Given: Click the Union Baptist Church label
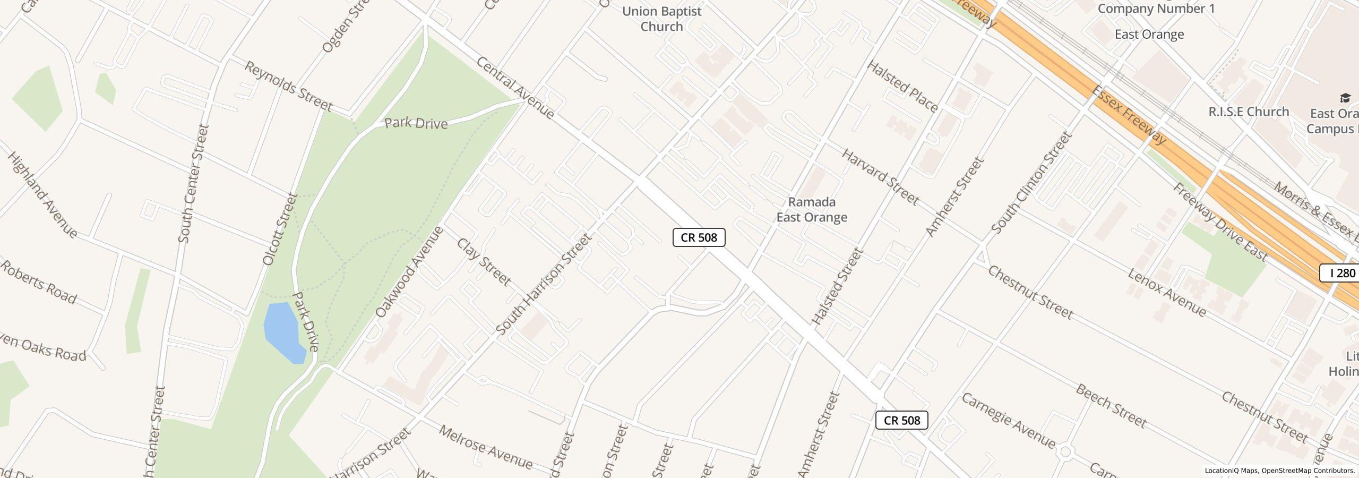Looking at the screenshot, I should click(661, 19).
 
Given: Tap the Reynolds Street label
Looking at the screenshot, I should click(288, 87).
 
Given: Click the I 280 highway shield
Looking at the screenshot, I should click(1343, 273).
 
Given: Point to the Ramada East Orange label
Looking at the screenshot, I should click(812, 210).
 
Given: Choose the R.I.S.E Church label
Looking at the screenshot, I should click(1249, 112).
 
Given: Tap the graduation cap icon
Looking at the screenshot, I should click(1345, 98).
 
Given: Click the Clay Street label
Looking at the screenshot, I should click(484, 262).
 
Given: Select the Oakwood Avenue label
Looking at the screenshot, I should click(409, 272).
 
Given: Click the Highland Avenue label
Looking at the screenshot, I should click(42, 194).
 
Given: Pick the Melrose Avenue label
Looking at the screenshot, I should click(485, 447).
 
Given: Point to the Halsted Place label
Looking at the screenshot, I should click(902, 86).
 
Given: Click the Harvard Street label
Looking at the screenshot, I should click(880, 177).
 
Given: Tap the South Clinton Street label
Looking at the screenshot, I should click(1031, 183).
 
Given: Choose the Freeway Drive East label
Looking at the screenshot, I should click(1220, 222).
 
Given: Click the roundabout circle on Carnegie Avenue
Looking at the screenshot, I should click(1064, 451).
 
